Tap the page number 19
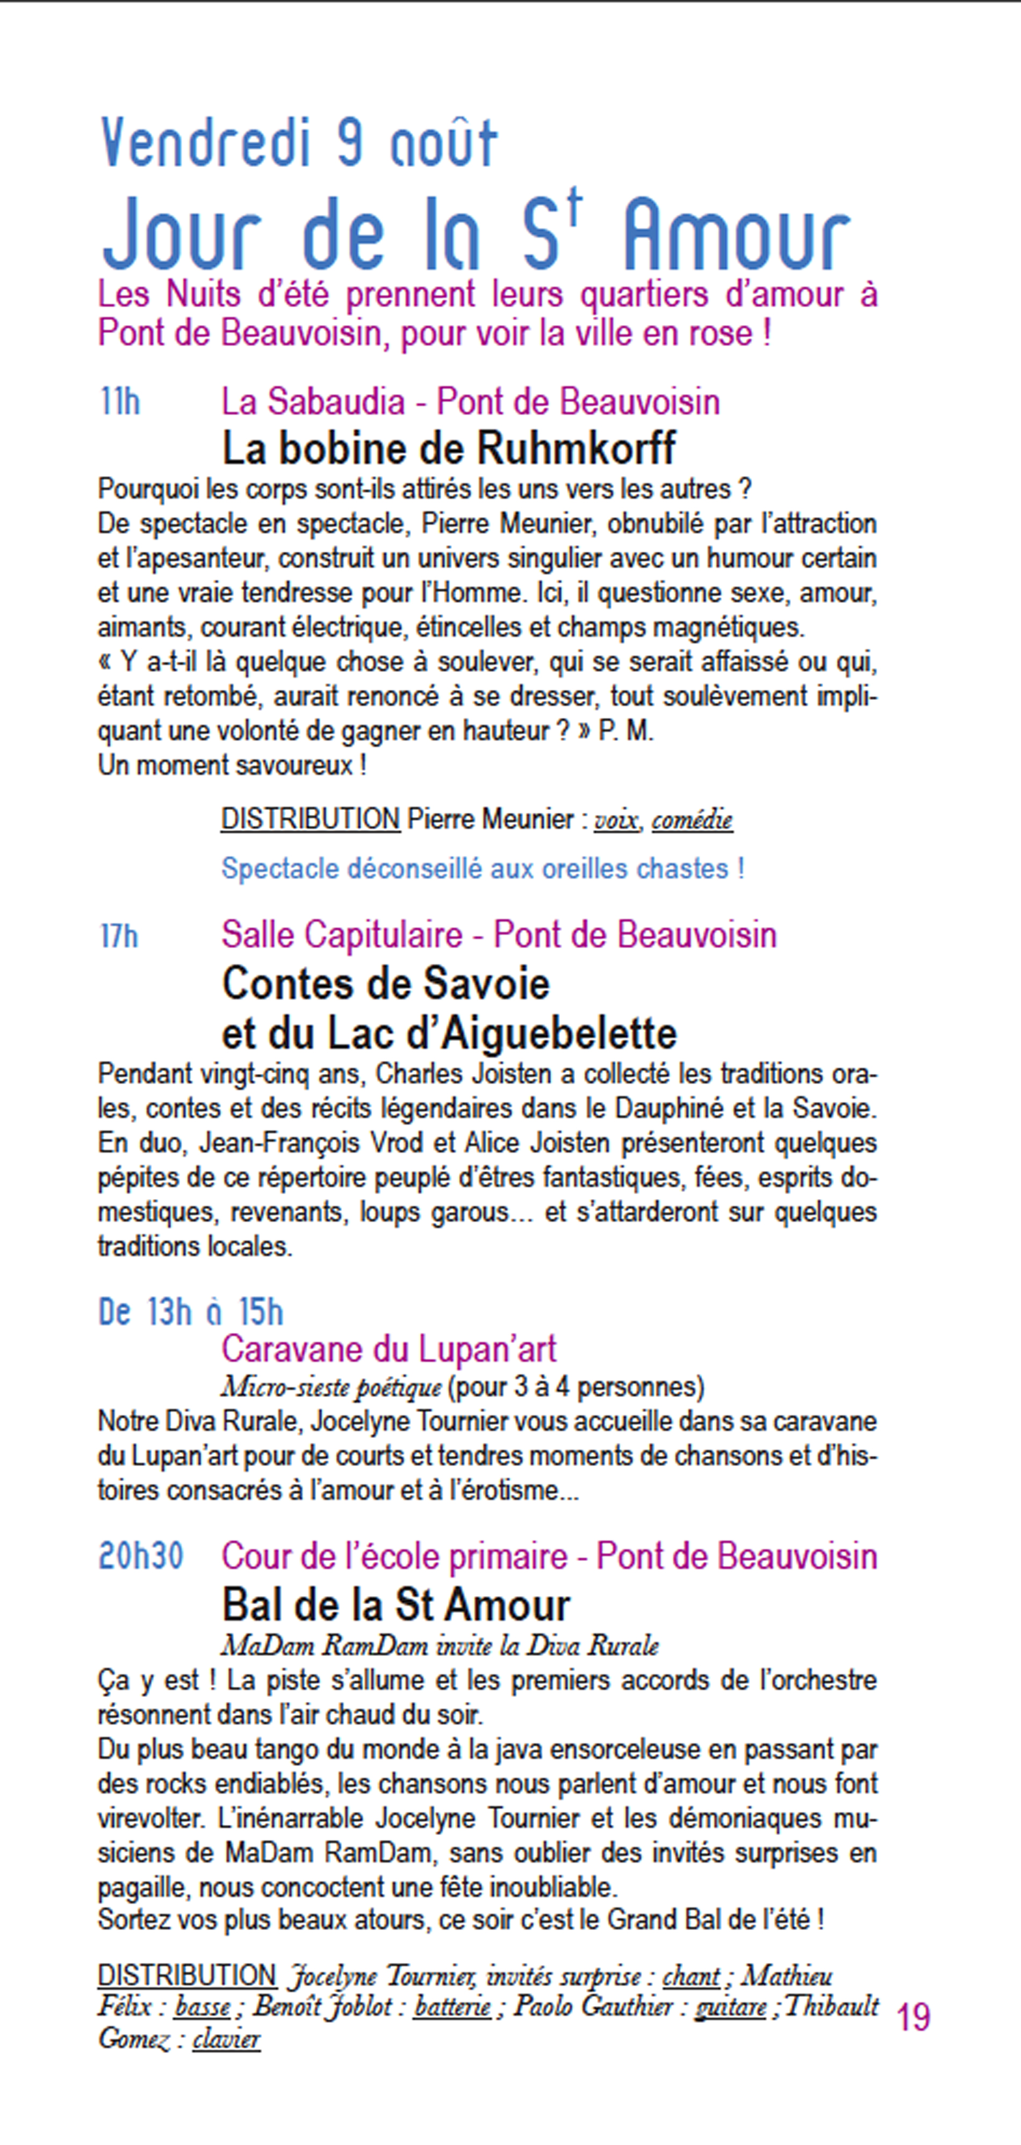(x=913, y=2018)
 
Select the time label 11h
(x=120, y=402)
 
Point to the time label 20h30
(x=141, y=1556)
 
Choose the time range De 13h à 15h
(x=191, y=1312)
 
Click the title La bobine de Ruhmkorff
(x=449, y=449)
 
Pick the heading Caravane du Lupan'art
(x=388, y=1349)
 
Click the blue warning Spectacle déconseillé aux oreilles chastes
(x=482, y=869)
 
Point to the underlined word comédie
(x=692, y=821)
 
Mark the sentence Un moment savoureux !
(x=232, y=765)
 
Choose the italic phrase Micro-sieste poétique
(x=330, y=1386)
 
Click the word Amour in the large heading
(x=736, y=237)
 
